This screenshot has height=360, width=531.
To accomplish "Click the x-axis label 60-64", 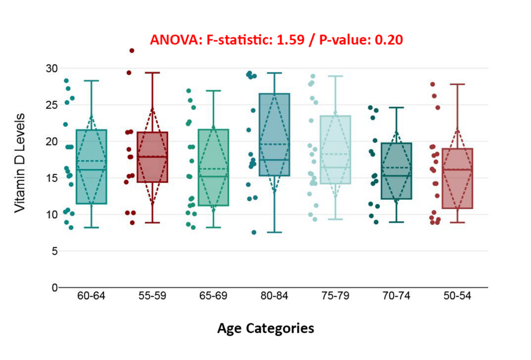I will [91, 296].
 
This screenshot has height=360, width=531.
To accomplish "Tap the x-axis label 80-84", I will [274, 296].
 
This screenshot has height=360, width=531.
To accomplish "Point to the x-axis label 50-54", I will [457, 296].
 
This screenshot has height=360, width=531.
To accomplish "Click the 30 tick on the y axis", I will [51, 68].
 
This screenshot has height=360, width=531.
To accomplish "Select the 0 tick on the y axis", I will [54, 287].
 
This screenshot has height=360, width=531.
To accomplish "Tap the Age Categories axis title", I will [265, 328].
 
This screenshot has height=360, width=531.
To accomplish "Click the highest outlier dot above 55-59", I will [132, 51].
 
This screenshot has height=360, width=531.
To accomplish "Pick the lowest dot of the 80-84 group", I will [254, 232].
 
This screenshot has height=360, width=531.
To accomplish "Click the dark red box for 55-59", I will [152, 157].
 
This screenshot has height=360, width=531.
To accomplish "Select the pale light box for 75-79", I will [335, 150].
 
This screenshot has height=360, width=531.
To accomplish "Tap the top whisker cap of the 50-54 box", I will [457, 84].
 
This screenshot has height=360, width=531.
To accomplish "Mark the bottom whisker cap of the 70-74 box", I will [396, 222].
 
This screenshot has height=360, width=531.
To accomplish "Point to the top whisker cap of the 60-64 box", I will [91, 81].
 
